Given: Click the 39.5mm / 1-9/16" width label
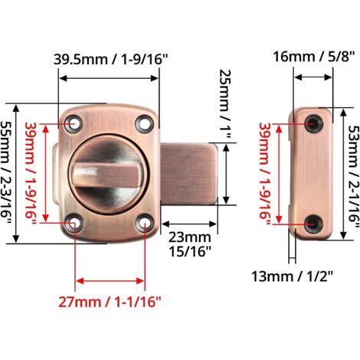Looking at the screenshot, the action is [110, 60].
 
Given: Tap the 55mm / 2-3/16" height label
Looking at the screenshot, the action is [5, 172].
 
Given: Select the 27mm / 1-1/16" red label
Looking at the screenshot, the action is [110, 302].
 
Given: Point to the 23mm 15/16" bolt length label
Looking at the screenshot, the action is [190, 244].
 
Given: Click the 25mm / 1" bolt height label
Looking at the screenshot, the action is [225, 103].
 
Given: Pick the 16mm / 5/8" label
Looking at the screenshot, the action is [314, 57].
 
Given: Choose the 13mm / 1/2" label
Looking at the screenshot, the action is [293, 277].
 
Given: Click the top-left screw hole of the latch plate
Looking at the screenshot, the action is [74, 124].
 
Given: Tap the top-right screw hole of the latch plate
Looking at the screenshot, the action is [143, 123].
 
